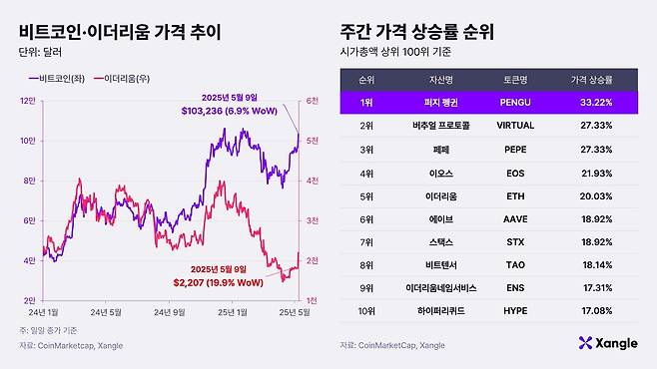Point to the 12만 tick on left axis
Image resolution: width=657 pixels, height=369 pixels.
pyautogui.click(x=27, y=101)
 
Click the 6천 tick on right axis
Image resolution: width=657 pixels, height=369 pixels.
pyautogui.click(x=312, y=101)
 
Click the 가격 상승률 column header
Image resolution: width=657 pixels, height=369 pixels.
pyautogui.click(x=592, y=77)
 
